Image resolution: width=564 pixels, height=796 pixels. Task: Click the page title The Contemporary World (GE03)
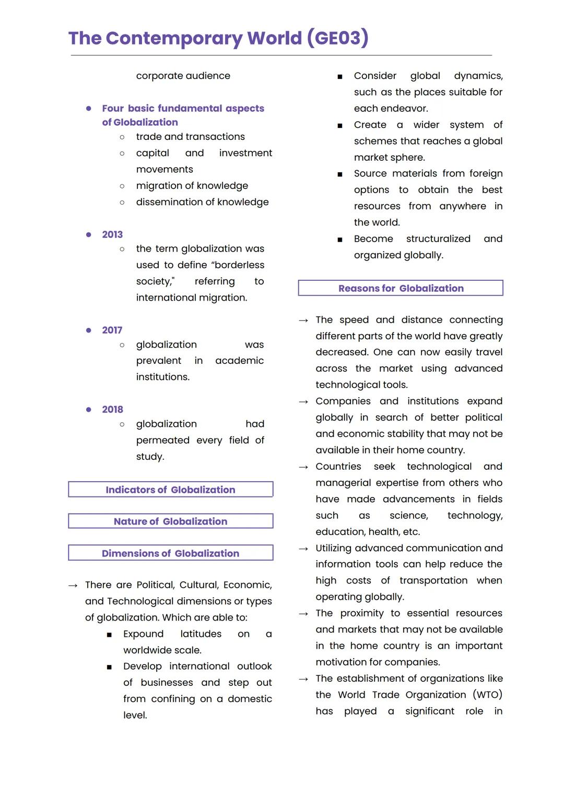click(218, 38)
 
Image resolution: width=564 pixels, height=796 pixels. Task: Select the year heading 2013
click(112, 234)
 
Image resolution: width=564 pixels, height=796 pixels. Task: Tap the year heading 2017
click(112, 330)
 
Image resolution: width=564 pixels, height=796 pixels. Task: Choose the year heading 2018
click(112, 409)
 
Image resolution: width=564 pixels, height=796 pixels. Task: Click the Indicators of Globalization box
click(170, 490)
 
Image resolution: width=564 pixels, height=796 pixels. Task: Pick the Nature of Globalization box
click(170, 521)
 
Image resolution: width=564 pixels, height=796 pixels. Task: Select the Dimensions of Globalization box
click(170, 553)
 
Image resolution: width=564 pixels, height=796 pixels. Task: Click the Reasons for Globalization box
click(401, 288)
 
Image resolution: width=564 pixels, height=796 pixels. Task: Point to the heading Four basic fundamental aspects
click(183, 109)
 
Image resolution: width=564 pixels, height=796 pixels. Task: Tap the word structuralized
click(438, 239)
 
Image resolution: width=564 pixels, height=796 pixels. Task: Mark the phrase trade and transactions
click(190, 137)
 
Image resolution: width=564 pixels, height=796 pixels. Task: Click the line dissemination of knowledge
click(202, 202)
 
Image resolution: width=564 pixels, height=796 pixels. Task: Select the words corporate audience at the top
click(183, 76)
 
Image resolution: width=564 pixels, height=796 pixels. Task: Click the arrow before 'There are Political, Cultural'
click(73, 586)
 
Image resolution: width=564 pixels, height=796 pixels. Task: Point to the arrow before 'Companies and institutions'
click(303, 402)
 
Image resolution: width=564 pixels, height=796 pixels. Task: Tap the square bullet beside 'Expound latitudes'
click(109, 635)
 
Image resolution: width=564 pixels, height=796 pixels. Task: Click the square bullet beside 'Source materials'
click(340, 174)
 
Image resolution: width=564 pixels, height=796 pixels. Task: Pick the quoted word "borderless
click(239, 265)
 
